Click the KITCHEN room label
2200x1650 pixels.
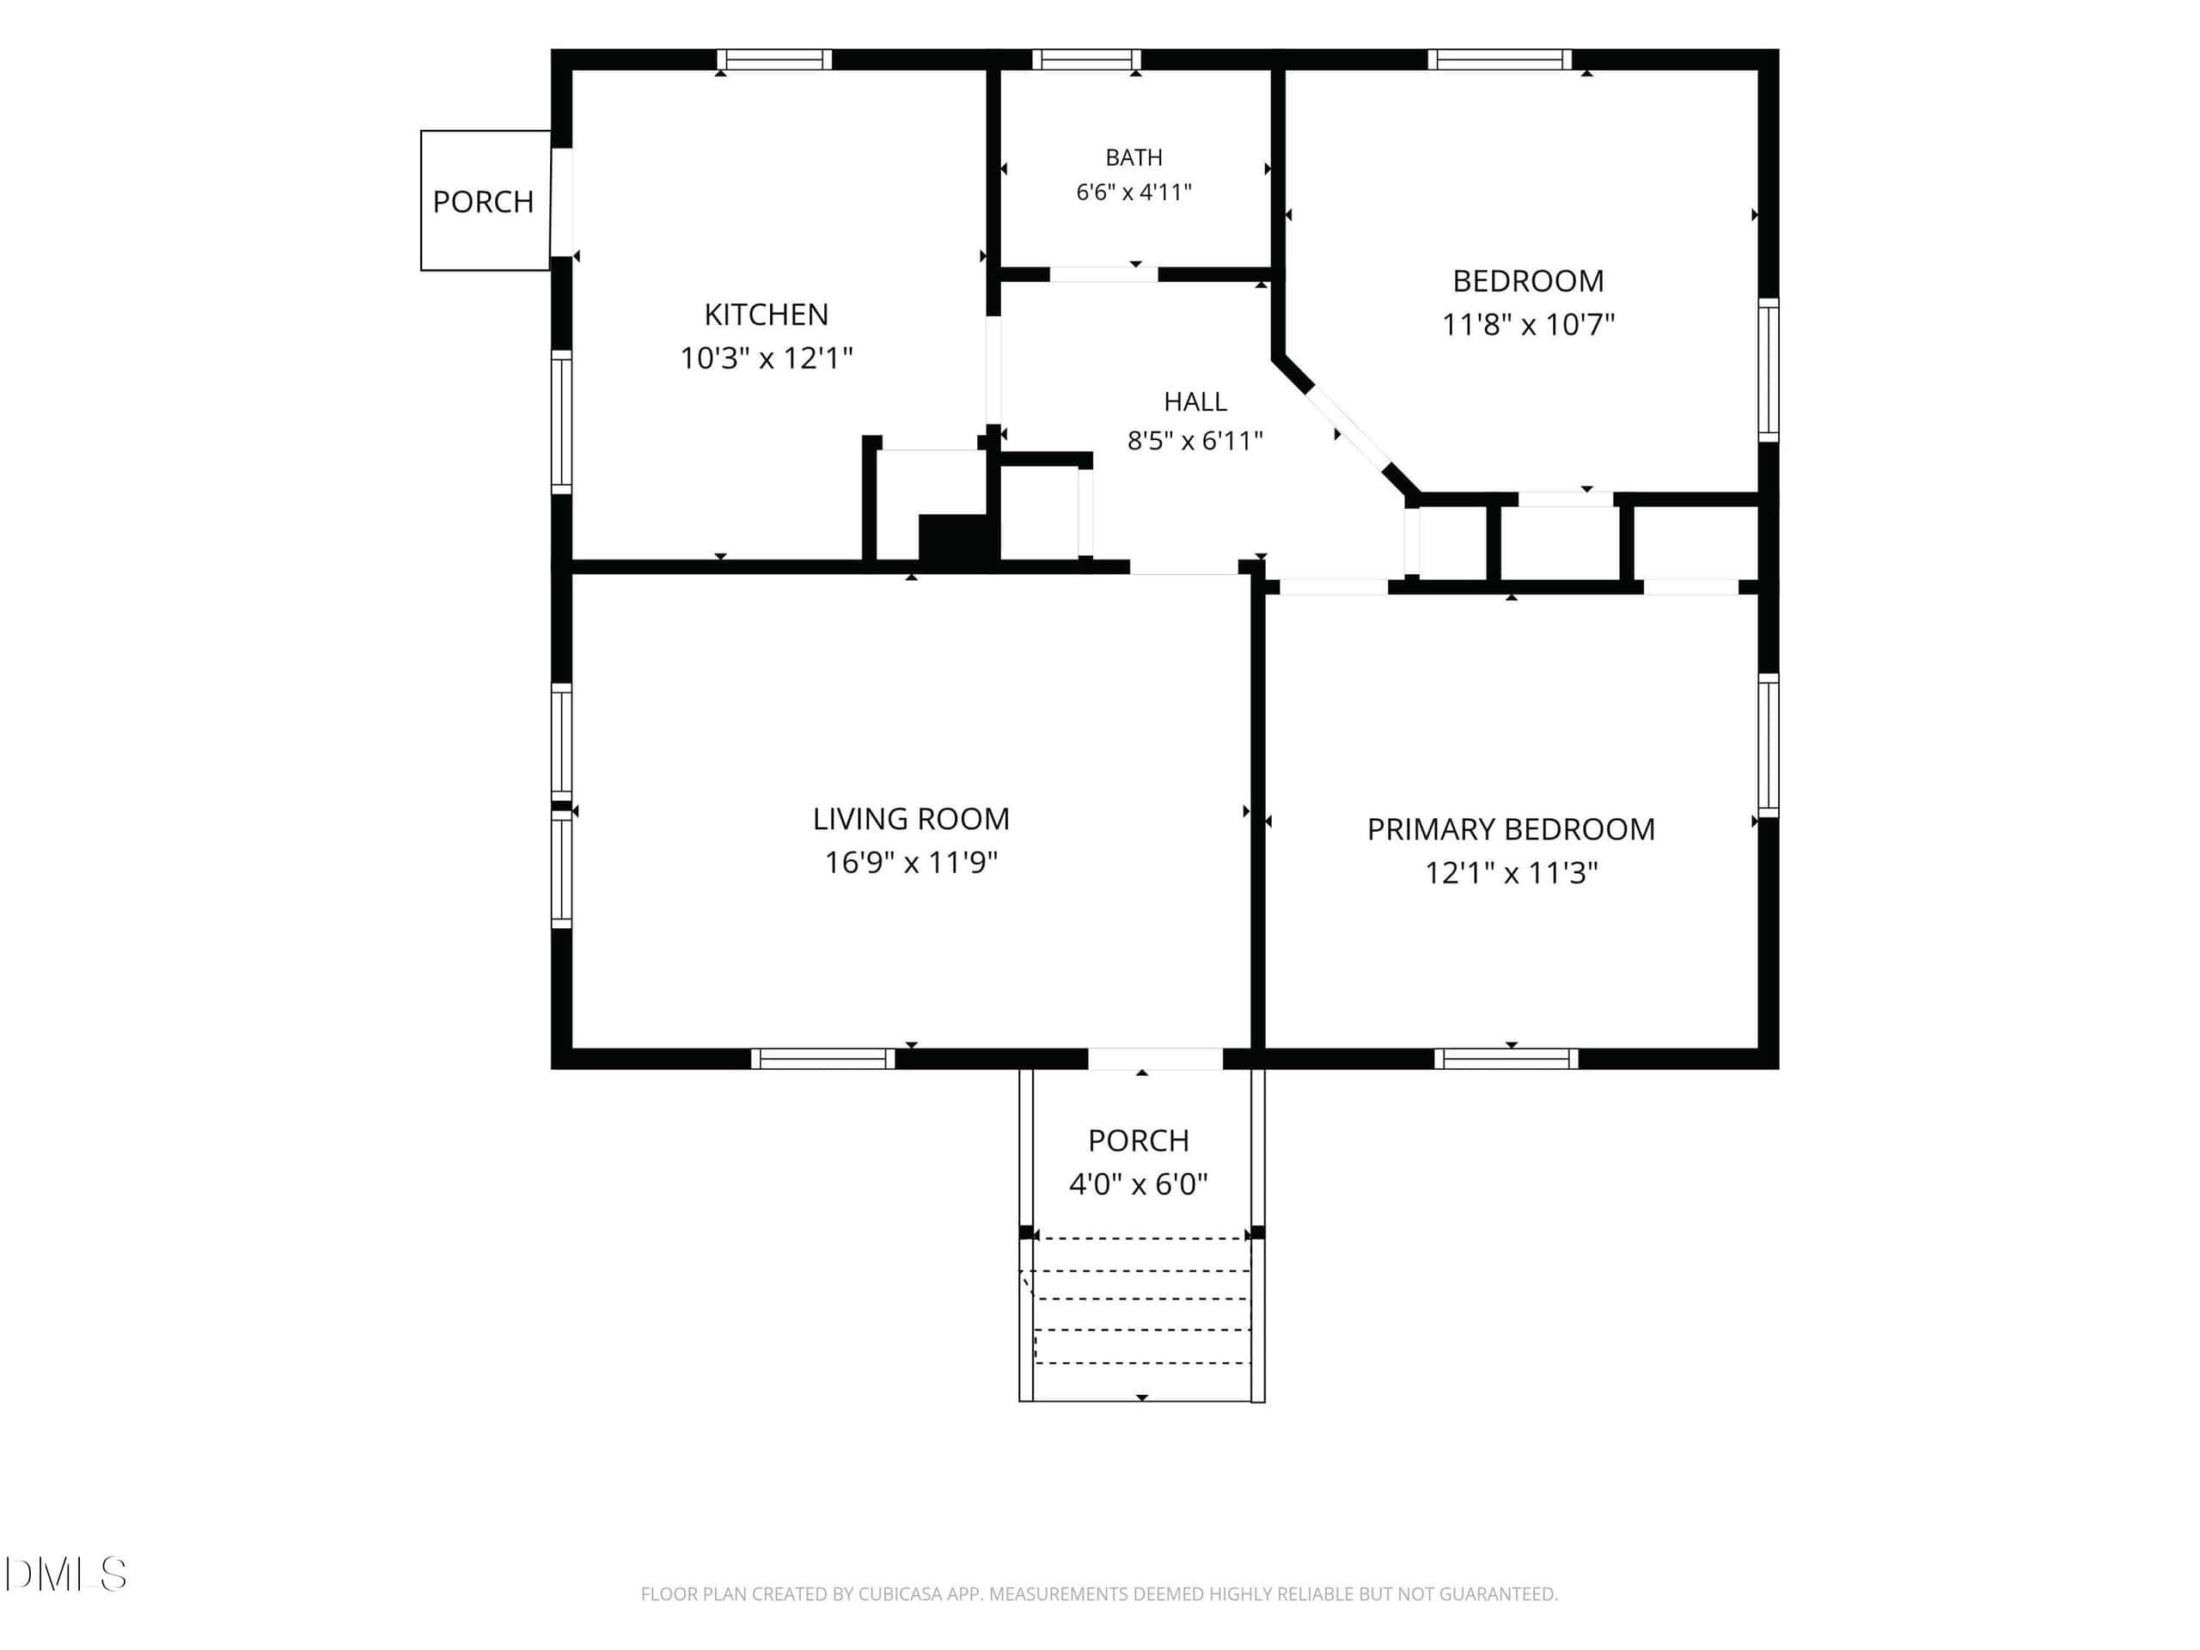(x=766, y=315)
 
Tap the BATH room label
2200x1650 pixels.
(x=1134, y=157)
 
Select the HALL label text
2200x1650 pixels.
(x=1195, y=402)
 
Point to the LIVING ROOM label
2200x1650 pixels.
(x=911, y=818)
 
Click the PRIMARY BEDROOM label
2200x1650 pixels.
(x=1511, y=829)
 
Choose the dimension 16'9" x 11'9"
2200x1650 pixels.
(x=911, y=862)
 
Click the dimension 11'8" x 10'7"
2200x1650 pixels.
(x=1529, y=324)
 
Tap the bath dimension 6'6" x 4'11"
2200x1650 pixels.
(x=1134, y=192)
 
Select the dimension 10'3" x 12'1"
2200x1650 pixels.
(x=766, y=358)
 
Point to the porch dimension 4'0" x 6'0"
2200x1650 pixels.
(x=1138, y=1184)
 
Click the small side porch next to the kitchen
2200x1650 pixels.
(x=486, y=200)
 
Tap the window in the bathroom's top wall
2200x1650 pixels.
(x=1086, y=59)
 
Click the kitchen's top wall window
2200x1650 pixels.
(x=773, y=59)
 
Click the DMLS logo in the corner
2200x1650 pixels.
(x=65, y=1574)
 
